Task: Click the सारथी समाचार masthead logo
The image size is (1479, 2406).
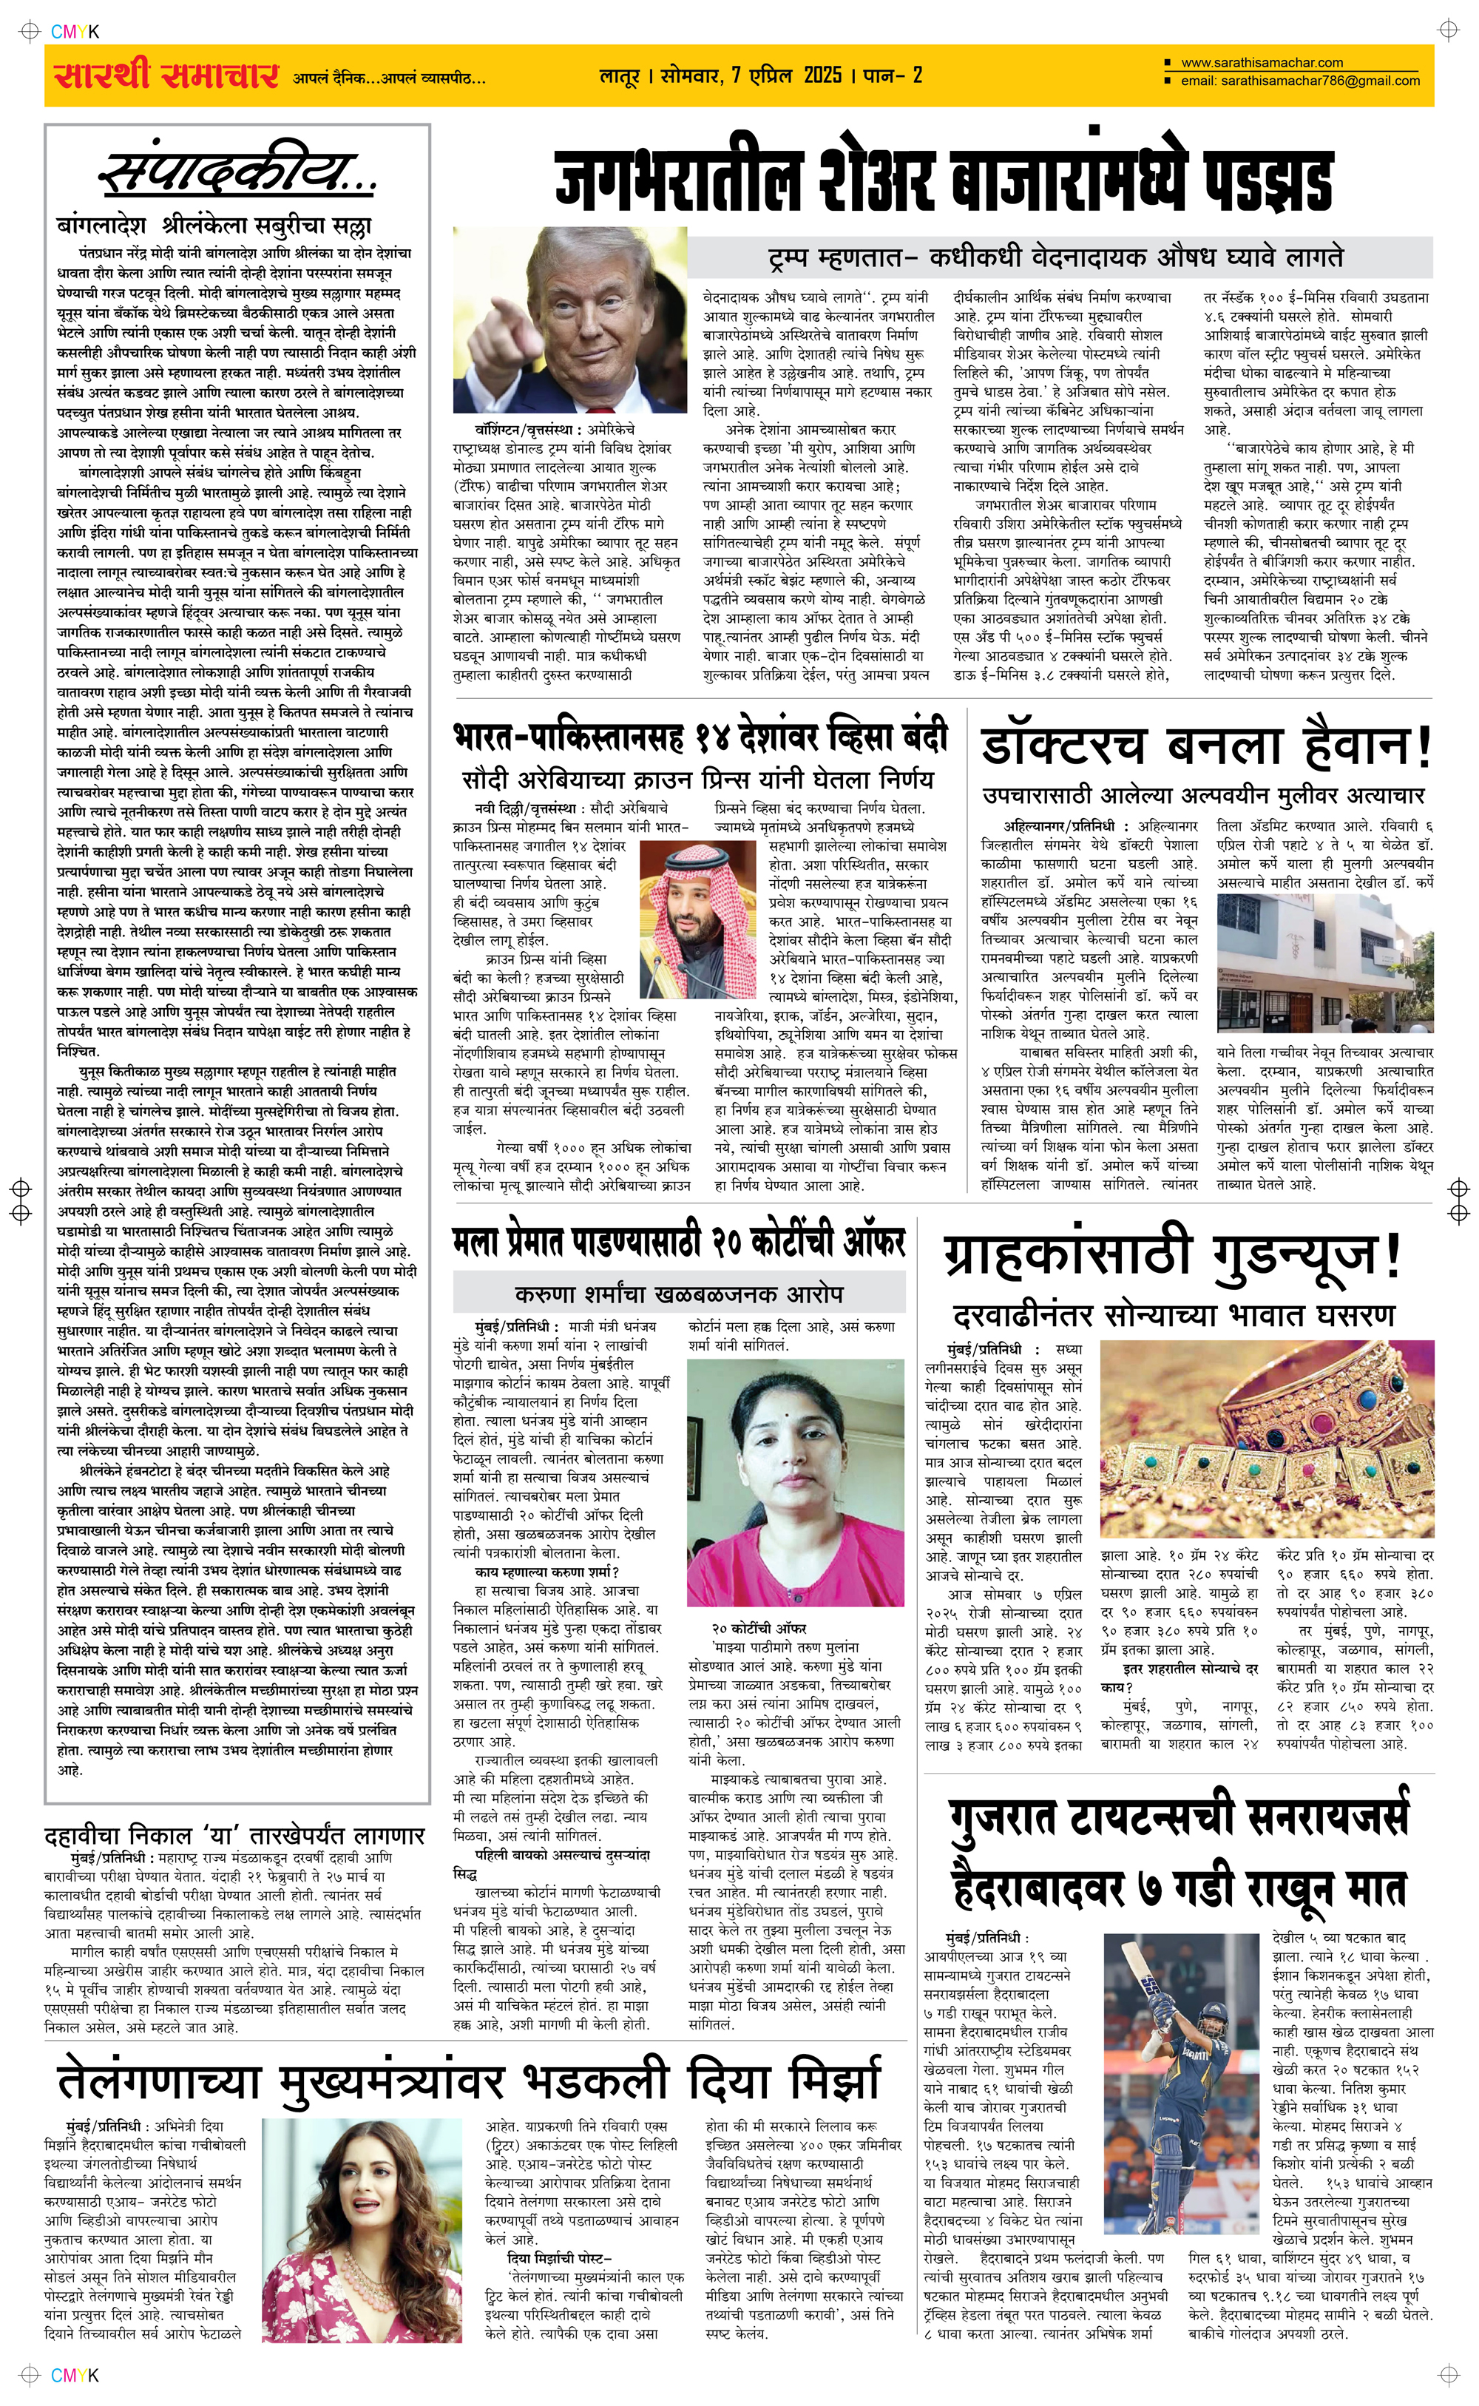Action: click(166, 75)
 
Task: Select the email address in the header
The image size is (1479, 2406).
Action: click(1300, 81)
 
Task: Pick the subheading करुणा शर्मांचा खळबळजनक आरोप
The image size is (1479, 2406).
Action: click(679, 1294)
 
